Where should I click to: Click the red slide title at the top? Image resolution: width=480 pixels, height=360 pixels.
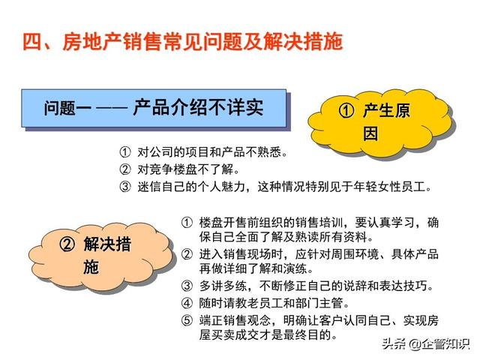tap(183, 41)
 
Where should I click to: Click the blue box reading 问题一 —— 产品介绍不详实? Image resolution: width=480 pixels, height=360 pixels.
tap(154, 108)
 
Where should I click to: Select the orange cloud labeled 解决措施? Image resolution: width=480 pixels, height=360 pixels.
tap(100, 255)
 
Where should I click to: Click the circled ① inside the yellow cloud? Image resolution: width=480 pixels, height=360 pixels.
tap(346, 110)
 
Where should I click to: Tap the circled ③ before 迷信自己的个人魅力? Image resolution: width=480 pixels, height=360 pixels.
tap(125, 187)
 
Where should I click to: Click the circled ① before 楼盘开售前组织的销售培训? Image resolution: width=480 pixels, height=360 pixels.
tap(187, 223)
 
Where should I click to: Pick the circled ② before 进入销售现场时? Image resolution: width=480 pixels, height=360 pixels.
tap(187, 254)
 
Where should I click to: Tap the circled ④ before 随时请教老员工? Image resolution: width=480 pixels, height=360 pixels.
tap(187, 303)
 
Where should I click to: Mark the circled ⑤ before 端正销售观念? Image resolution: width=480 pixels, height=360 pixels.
tap(187, 320)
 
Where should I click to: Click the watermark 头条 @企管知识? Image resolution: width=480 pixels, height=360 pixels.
tap(425, 344)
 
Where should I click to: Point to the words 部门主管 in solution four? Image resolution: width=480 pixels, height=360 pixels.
tap(319, 303)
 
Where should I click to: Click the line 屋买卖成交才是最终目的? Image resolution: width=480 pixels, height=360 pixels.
tap(268, 335)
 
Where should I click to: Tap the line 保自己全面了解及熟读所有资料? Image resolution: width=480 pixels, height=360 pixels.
tap(286, 237)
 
